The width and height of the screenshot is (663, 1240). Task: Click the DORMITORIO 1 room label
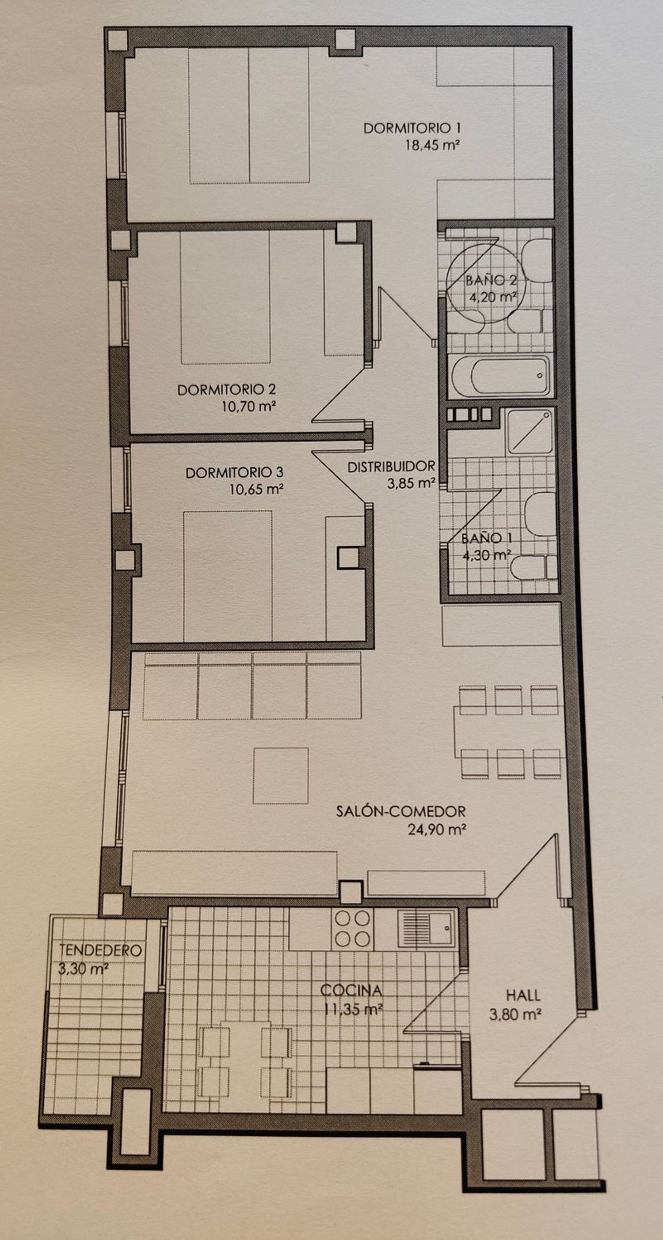pyautogui.click(x=412, y=128)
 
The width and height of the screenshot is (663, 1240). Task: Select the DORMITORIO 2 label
pyautogui.click(x=226, y=389)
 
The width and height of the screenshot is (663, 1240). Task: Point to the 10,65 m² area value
pyautogui.click(x=256, y=489)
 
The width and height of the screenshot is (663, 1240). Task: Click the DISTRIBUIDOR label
pyautogui.click(x=391, y=466)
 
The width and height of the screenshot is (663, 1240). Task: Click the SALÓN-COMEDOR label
pyautogui.click(x=401, y=811)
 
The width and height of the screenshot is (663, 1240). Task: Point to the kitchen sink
pyautogui.click(x=426, y=927)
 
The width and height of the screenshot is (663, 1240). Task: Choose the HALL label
pyautogui.click(x=523, y=995)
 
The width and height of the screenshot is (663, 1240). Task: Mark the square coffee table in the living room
pyautogui.click(x=280, y=776)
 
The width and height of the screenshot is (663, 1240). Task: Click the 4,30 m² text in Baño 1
pyautogui.click(x=487, y=555)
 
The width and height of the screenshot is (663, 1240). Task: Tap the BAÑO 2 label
pyautogui.click(x=492, y=280)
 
